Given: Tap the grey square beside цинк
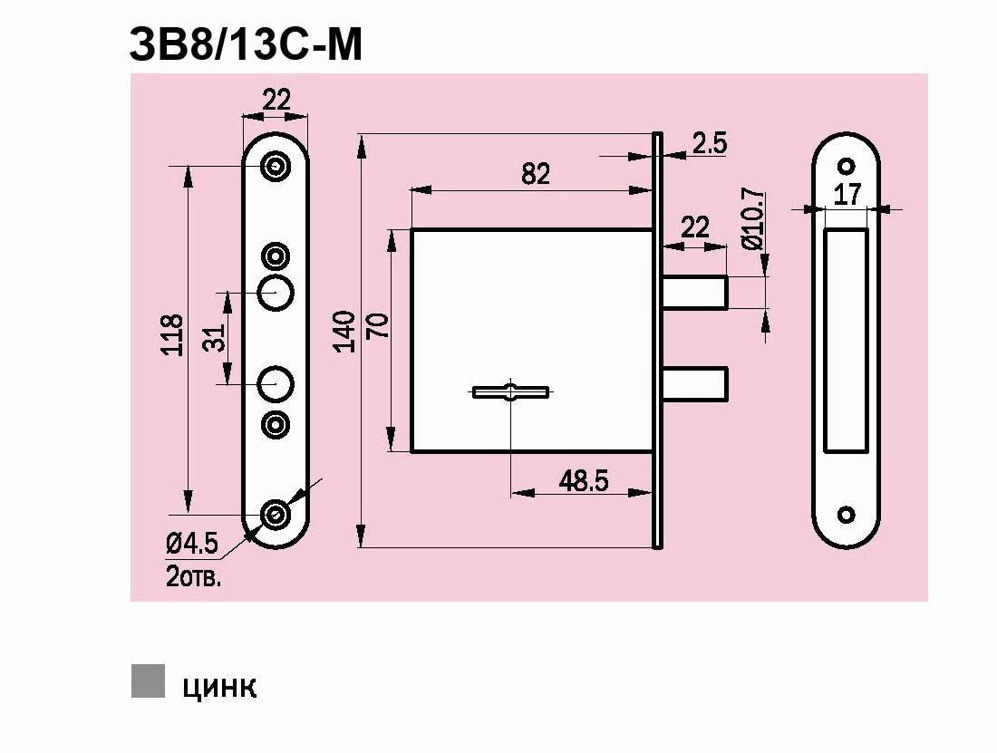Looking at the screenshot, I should coord(148,681).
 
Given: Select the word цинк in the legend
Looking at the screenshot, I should coord(219,686).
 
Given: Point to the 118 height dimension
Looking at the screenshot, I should coord(172,335).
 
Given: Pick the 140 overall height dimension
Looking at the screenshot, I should coord(344,331).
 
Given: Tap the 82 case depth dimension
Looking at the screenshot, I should coord(536,173).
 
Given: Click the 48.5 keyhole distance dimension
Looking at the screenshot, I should coord(583,480).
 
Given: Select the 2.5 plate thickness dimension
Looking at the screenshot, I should coord(710,143).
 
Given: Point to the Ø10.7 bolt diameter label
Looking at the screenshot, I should coord(750,220).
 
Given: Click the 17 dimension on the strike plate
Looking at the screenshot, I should coord(847,193).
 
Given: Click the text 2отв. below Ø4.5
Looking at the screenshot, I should coord(193,576).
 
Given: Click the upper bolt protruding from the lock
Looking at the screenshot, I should coord(696,292).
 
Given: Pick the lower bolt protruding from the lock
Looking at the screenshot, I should coord(696,381).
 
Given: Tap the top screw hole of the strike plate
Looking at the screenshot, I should coord(847,166).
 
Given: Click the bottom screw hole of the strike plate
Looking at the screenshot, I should coord(847,515).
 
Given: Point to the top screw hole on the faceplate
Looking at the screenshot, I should coord(276,166).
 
